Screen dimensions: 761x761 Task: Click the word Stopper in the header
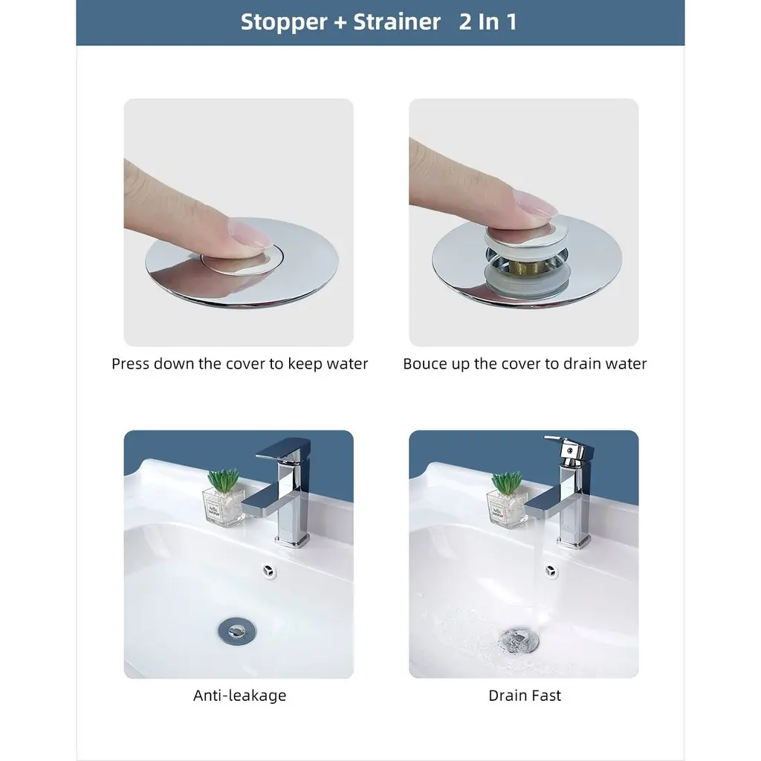(x=284, y=22)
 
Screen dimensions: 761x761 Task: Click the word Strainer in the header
(x=397, y=22)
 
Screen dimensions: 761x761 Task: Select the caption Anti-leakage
(x=239, y=696)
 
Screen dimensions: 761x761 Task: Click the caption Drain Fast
(x=525, y=696)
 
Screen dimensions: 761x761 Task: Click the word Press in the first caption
(x=130, y=363)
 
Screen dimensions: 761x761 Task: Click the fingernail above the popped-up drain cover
(x=536, y=204)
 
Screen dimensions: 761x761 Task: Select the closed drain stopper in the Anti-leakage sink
(x=237, y=630)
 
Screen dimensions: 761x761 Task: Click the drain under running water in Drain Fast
(x=518, y=640)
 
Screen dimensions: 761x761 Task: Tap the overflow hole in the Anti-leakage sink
(x=268, y=571)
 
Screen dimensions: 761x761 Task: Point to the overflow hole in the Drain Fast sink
(x=551, y=571)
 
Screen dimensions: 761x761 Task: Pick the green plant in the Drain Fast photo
(x=507, y=482)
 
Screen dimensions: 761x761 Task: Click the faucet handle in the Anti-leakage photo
(x=283, y=450)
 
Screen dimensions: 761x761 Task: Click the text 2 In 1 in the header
(x=488, y=22)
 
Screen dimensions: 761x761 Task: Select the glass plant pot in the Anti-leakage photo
(x=223, y=507)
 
